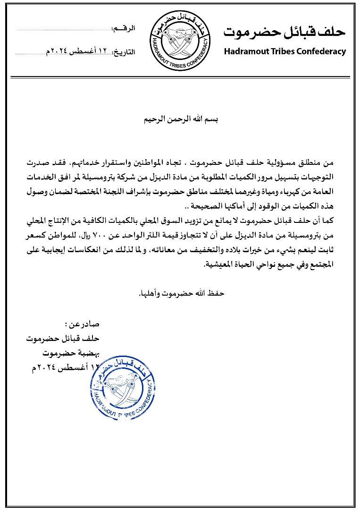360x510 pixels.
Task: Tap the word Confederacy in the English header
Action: pos(321,51)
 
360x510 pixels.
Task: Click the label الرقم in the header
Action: pos(124,29)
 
